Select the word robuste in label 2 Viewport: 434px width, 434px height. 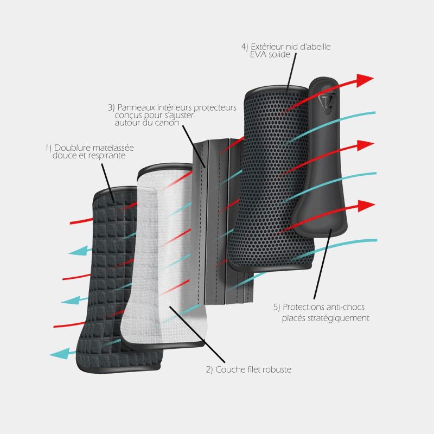coord(277,370)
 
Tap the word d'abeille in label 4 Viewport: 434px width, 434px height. coord(312,47)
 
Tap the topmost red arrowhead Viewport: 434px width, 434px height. coord(366,80)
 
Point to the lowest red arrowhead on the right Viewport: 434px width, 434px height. coord(367,205)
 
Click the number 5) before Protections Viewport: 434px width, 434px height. coord(277,307)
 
